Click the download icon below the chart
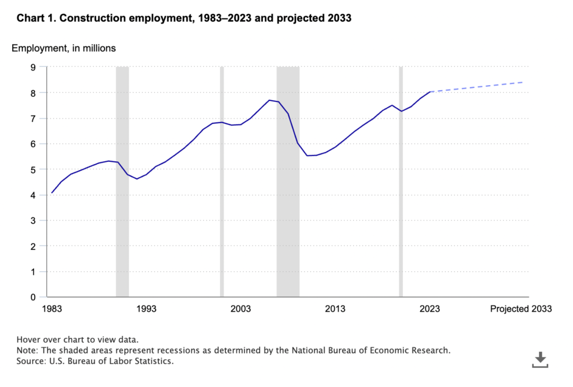539,360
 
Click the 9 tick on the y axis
33,67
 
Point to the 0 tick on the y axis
33,297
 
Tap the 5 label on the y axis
33,170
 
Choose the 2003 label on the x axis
241,309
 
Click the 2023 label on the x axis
430,309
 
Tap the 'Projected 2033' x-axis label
520,309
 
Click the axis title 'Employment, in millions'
64,48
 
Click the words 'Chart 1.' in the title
36,18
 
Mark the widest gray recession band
288,182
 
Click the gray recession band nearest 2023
401,182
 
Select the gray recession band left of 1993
123,182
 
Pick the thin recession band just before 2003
222,182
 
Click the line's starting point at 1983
52,193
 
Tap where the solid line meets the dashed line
430,92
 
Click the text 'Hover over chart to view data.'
77,339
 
